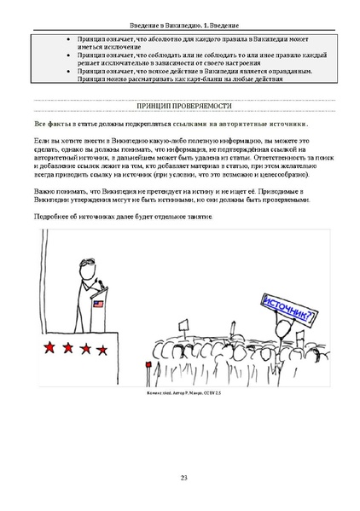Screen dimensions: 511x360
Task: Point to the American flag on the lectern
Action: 97,304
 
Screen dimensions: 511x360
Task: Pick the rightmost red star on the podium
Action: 105,348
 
